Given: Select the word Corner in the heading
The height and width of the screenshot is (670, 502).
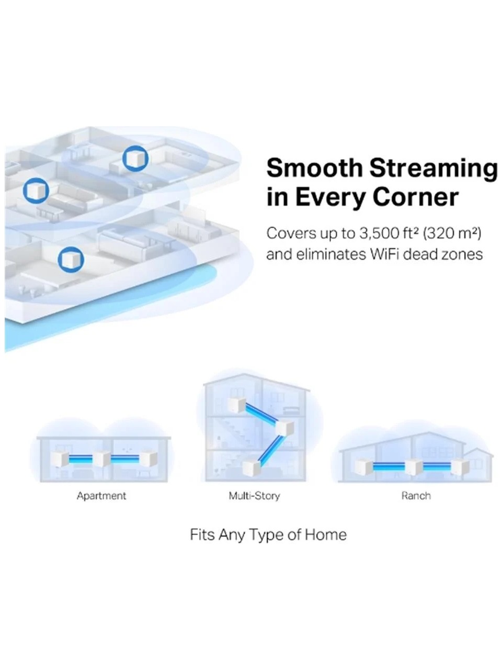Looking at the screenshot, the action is tap(416, 197).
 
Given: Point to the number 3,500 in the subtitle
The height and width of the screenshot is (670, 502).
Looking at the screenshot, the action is tap(379, 234).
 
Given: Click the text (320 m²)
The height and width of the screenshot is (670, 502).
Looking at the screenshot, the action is tap(452, 234).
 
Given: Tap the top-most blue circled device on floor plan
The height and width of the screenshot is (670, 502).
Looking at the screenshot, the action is tap(135, 159).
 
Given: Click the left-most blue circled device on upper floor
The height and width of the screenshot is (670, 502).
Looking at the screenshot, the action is tap(36, 191).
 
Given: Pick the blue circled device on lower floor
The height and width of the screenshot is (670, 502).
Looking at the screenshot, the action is tap(71, 260).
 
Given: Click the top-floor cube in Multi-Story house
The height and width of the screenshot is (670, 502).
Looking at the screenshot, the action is tap(237, 405).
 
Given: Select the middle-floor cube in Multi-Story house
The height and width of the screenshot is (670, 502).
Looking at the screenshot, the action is tap(284, 428).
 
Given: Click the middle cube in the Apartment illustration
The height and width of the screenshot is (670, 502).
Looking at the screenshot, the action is tap(101, 459).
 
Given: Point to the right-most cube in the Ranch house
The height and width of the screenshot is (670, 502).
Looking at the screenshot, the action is tap(460, 467).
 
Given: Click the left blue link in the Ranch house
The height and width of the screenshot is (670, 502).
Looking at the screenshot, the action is tap(389, 467).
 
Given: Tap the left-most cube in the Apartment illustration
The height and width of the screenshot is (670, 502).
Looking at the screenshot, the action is tap(60, 459).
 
